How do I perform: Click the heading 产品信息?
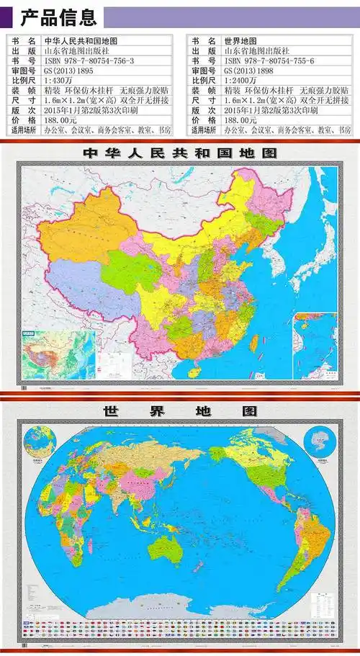[58, 17]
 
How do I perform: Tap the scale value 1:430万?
[61, 81]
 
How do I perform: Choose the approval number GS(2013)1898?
[248, 72]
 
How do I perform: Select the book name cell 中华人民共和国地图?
[81, 42]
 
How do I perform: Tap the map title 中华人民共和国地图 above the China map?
[180, 153]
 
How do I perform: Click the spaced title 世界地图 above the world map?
[180, 411]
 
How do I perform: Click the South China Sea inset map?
[314, 346]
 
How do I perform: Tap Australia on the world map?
[164, 549]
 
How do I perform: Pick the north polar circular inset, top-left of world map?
[39, 443]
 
